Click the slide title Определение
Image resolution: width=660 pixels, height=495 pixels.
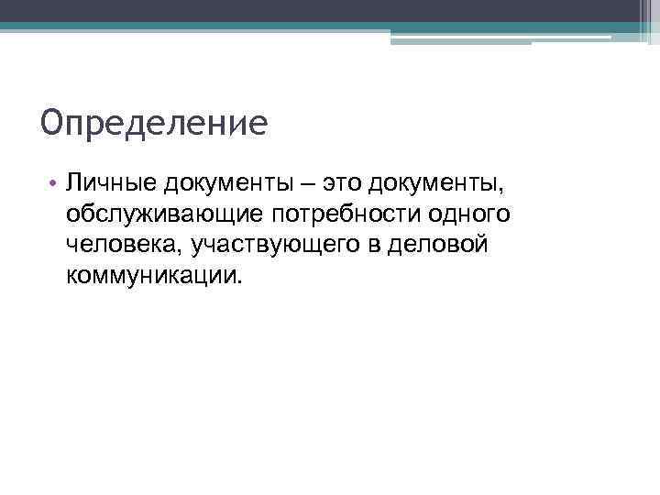pos(154,122)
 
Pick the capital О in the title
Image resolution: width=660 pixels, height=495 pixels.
pos(51,122)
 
